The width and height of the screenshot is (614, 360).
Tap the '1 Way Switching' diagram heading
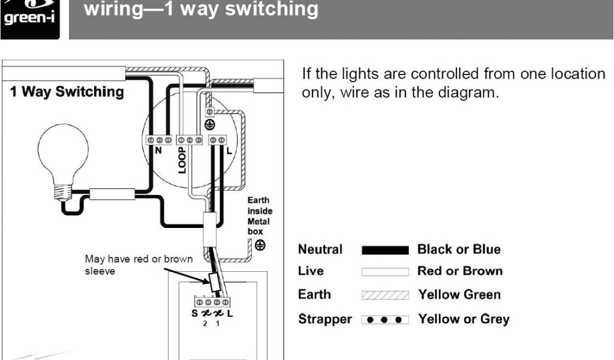[67, 92]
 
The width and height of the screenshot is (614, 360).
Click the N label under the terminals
[158, 151]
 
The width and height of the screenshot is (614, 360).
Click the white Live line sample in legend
[385, 272]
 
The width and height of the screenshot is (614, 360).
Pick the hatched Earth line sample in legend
[385, 295]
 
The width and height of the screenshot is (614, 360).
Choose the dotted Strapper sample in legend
[385, 319]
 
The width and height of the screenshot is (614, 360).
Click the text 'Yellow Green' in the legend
[459, 295]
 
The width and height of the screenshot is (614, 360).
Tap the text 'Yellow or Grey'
[463, 319]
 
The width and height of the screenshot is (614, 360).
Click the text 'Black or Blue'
[459, 249]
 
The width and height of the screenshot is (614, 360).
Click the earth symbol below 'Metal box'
[260, 245]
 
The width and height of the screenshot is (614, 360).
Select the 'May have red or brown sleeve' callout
[139, 265]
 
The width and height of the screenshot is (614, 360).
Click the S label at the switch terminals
[195, 314]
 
